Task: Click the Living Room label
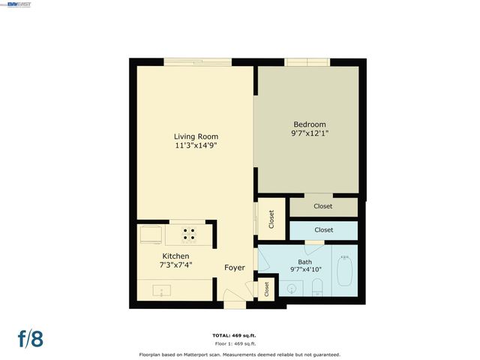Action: point(196,136)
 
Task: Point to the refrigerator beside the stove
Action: point(150,235)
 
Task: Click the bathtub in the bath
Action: point(345,271)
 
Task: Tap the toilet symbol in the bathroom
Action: point(317,286)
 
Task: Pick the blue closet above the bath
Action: point(323,229)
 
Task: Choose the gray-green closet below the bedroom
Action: point(323,205)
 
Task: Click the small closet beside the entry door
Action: point(266,288)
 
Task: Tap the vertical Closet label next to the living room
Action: point(271,219)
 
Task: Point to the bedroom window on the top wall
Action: point(306,62)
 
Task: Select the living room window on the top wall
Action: point(196,62)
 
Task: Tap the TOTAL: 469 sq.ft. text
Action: point(239,334)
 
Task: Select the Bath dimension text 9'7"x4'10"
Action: point(304,269)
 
